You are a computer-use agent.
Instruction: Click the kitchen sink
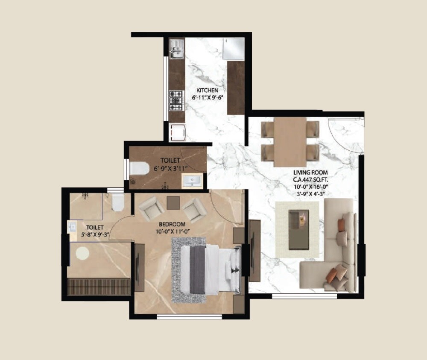[x=175, y=49]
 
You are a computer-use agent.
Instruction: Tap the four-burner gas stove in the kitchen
[x=175, y=100]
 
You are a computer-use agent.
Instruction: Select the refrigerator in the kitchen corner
[x=233, y=48]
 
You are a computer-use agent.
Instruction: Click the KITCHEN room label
[x=208, y=91]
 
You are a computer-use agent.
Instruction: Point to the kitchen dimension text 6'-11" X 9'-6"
[x=208, y=97]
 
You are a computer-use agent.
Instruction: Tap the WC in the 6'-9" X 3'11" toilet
[x=137, y=169]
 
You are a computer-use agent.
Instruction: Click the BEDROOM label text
[x=172, y=224]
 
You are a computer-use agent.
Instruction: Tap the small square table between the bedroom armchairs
[x=173, y=202]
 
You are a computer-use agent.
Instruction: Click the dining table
[x=290, y=141]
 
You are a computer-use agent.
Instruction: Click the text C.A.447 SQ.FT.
[x=311, y=179]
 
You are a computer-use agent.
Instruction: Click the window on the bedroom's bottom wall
[x=189, y=316]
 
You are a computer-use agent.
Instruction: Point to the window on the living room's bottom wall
[x=304, y=295]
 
